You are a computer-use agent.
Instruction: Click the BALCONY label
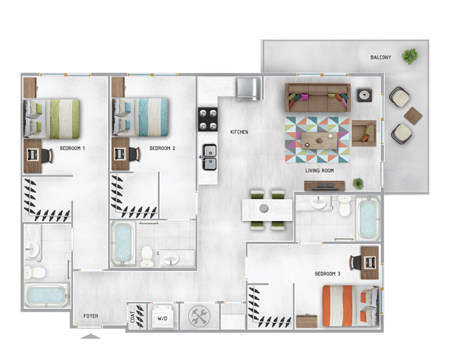(381, 58)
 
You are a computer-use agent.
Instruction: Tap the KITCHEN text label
(239, 132)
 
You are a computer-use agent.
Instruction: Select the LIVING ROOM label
(320, 171)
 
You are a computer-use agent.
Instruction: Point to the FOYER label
(91, 316)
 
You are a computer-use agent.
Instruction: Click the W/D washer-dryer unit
(162, 317)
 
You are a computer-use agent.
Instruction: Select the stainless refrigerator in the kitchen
(249, 88)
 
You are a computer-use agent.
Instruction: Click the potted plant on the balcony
(410, 56)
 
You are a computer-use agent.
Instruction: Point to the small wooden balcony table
(413, 114)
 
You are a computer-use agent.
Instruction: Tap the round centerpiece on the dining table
(264, 209)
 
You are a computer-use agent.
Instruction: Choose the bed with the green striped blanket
(53, 117)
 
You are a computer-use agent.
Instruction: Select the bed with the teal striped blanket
(142, 117)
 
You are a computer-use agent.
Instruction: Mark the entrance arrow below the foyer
(90, 336)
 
